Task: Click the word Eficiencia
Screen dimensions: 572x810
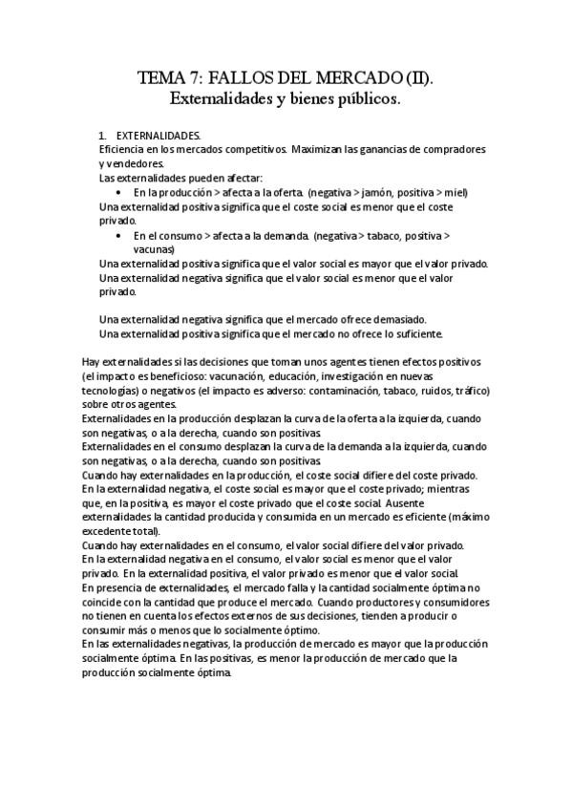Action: pyautogui.click(x=123, y=150)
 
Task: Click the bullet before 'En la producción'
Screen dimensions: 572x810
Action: pyautogui.click(x=118, y=192)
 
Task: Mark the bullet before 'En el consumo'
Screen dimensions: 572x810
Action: pyautogui.click(x=118, y=234)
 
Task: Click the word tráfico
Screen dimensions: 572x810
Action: pyautogui.click(x=470, y=391)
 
